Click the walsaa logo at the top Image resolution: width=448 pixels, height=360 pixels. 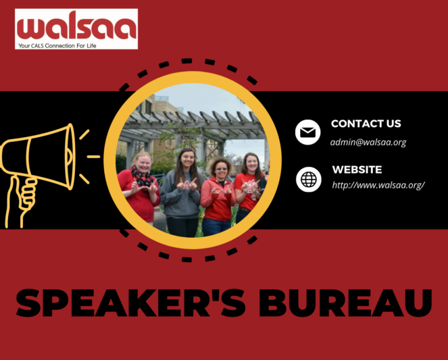pyautogui.click(x=76, y=26)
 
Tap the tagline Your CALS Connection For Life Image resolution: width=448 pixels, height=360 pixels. pyautogui.click(x=61, y=44)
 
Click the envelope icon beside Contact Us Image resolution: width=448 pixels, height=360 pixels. pyautogui.click(x=308, y=132)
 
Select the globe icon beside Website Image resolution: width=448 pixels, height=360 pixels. pyautogui.click(x=308, y=179)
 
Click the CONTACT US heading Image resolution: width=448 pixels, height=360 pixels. pyautogui.click(x=366, y=124)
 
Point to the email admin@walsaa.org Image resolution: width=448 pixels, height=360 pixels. pyautogui.click(x=368, y=143)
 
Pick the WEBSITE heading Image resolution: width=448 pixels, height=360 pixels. pyautogui.click(x=357, y=170)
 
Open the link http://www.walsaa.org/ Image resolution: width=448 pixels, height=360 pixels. pyautogui.click(x=378, y=184)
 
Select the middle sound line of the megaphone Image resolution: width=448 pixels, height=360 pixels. pyautogui.click(x=93, y=156)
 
